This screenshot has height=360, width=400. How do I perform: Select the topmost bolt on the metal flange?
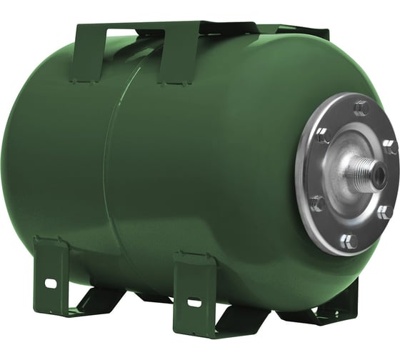360,109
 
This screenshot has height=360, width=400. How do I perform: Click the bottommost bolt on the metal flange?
349,240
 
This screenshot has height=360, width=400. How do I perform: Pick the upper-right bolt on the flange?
389,148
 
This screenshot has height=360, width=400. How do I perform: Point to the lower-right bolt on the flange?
384,212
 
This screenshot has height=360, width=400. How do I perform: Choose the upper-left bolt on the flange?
323,135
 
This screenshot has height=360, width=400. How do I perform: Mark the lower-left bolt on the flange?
318,204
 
